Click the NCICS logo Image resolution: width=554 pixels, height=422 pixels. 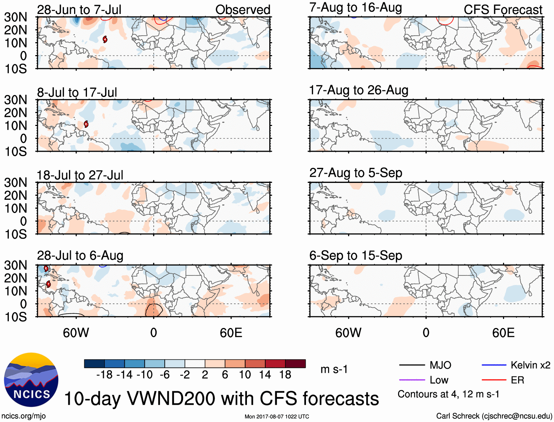coord(31,380)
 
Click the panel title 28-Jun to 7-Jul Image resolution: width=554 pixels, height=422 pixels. coord(79,10)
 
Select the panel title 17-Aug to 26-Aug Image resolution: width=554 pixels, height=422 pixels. coord(358,90)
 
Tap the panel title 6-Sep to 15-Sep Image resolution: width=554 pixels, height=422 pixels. coord(356,256)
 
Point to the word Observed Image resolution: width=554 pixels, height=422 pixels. coord(243,10)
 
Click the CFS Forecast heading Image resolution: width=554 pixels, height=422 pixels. coord(503,10)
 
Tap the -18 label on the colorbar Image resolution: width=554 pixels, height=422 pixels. coord(104,375)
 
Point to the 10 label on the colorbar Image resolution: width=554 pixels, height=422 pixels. coord(245,375)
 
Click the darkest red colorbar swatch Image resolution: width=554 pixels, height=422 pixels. coord(295,364)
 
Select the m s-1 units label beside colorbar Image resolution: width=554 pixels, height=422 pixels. coord(334,369)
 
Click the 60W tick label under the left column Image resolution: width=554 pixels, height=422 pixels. coord(76,333)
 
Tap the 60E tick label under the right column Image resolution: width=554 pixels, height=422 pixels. coord(503,333)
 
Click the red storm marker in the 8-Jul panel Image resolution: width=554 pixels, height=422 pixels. coord(86,124)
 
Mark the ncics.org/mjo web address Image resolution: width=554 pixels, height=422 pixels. coord(23,416)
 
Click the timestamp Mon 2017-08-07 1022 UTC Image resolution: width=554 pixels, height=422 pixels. coord(277,416)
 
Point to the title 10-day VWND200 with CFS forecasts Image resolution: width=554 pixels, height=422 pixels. coord(221,398)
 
